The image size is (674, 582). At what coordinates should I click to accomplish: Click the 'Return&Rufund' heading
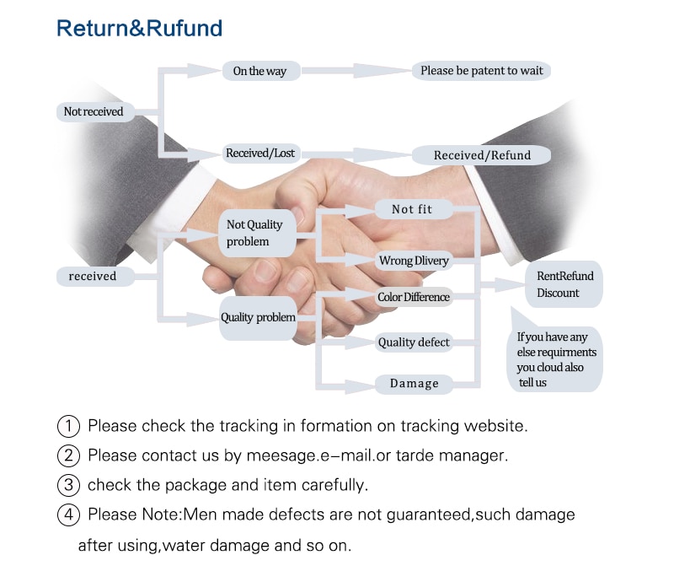point(139,28)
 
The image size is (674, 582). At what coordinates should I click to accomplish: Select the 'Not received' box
point(94,111)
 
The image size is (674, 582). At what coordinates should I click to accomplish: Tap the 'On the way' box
point(259,71)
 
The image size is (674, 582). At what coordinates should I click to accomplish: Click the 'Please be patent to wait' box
point(481,70)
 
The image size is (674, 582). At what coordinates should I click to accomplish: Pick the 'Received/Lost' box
point(259,154)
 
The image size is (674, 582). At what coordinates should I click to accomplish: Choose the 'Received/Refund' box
point(482,154)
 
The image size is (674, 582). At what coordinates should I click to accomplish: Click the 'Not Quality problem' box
point(257,234)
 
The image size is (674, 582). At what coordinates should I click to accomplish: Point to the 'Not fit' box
point(412,208)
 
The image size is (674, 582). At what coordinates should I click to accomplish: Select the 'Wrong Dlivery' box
point(414,261)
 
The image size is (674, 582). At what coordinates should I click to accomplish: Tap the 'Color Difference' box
point(414,297)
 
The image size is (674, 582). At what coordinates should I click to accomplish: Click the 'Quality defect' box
point(414,342)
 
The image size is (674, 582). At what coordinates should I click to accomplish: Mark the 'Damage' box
point(414,384)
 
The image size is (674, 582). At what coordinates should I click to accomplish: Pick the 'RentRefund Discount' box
point(564,284)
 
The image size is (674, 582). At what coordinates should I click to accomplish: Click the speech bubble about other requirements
point(557,358)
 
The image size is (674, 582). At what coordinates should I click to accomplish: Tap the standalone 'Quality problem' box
point(258,318)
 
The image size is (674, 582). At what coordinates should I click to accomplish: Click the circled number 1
point(68,426)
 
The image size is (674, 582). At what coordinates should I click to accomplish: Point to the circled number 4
point(68,515)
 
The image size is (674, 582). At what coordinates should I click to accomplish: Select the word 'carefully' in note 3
point(337,485)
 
